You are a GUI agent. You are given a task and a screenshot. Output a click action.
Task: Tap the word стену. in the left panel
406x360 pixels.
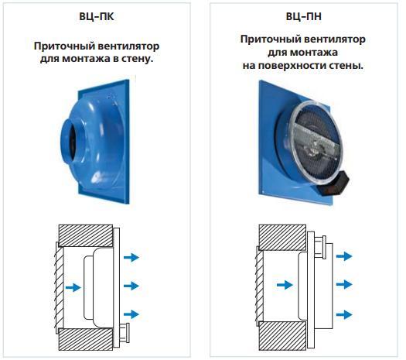pyautogui.click(x=138, y=58)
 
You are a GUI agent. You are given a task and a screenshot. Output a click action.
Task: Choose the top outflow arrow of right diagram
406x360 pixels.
pyautogui.click(x=344, y=256)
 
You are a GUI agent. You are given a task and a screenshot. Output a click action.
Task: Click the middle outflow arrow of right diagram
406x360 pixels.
pyautogui.click(x=344, y=285)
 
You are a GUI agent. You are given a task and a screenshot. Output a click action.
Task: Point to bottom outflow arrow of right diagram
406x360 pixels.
pyautogui.click(x=344, y=314)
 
